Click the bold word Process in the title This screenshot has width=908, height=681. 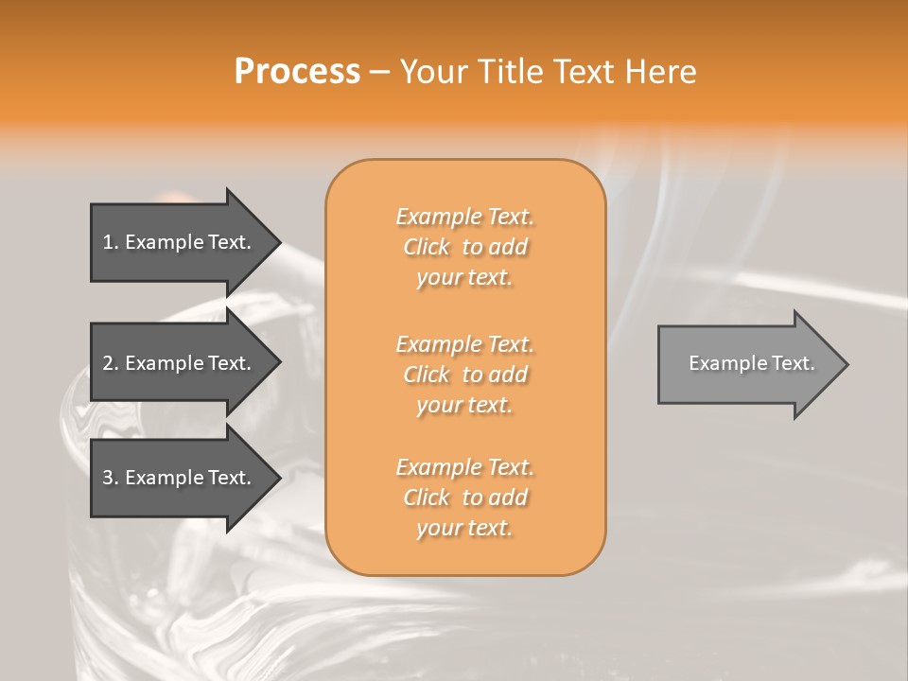click(297, 72)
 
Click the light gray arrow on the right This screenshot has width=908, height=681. click(747, 363)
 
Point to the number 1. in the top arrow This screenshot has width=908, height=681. click(111, 242)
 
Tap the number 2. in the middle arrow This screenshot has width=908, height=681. click(111, 363)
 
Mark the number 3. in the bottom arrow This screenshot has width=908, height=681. click(111, 478)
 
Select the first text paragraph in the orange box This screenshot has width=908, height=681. click(464, 247)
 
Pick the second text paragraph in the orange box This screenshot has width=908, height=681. click(464, 375)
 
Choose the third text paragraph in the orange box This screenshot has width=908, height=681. click(464, 498)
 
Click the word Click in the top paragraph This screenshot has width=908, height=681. click(427, 247)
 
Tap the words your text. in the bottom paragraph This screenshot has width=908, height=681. click(464, 528)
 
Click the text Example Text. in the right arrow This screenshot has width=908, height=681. click(751, 363)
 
